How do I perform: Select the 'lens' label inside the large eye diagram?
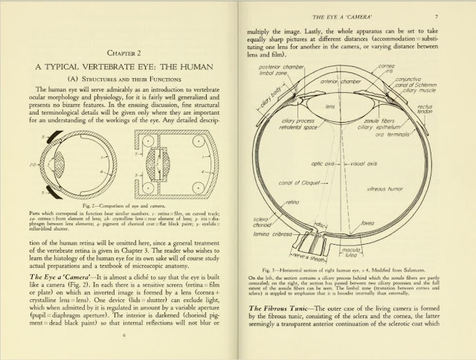332,106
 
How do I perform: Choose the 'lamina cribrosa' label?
274,235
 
